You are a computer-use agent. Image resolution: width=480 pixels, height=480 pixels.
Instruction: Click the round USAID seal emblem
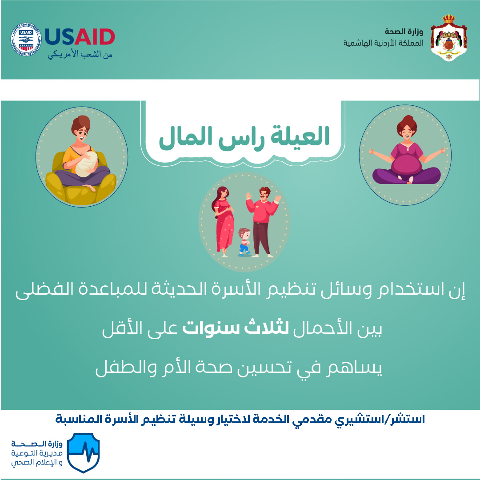pyautogui.click(x=26, y=39)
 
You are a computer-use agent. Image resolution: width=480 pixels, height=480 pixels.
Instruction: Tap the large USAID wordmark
pyautogui.click(x=80, y=37)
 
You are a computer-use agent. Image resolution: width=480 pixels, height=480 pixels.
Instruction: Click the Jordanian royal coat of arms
pyautogui.click(x=449, y=38)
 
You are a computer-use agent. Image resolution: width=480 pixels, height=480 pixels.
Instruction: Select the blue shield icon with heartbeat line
pyautogui.click(x=83, y=452)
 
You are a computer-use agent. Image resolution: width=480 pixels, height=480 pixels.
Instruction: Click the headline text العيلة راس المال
pyautogui.click(x=244, y=137)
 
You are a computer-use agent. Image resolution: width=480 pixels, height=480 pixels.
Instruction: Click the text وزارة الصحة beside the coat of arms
pyautogui.click(x=404, y=32)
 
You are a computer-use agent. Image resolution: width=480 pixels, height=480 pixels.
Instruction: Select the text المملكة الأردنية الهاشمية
pyautogui.click(x=383, y=43)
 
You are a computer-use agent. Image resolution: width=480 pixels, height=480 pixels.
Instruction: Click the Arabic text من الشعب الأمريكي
pyautogui.click(x=80, y=55)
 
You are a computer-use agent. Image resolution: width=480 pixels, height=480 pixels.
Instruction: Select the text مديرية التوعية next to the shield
pyautogui.click(x=37, y=453)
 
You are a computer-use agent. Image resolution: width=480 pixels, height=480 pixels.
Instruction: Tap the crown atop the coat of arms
pyautogui.click(x=449, y=19)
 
